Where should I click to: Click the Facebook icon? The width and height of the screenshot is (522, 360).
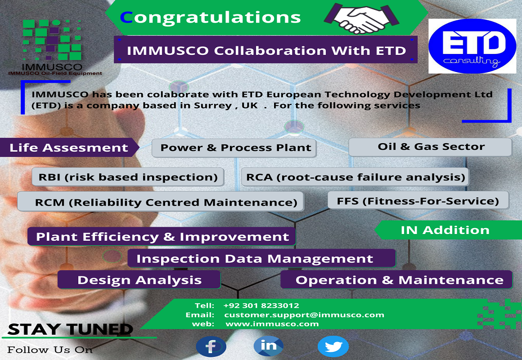(211, 346)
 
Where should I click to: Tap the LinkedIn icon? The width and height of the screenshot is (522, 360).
(269, 346)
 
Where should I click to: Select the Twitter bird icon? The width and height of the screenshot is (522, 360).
(333, 346)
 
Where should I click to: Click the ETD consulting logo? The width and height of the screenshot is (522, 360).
(472, 46)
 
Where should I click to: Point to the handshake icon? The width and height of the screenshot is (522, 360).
(361, 18)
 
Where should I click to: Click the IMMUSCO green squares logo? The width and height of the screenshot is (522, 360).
(52, 40)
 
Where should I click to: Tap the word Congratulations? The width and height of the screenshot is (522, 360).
(211, 17)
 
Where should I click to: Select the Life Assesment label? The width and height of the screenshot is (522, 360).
(69, 148)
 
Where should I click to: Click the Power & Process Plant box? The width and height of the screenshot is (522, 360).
(234, 148)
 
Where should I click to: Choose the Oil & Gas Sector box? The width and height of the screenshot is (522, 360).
(430, 147)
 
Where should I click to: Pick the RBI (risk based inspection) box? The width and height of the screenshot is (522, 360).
(128, 177)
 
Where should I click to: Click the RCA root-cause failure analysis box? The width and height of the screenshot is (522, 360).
(355, 177)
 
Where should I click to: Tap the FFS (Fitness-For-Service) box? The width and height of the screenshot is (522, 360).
(418, 201)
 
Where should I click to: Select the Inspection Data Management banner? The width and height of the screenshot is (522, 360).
(261, 258)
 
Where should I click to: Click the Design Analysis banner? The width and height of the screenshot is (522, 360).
(139, 280)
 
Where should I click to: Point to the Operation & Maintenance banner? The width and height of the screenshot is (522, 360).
(397, 280)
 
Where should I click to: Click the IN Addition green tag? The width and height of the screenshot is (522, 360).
(448, 230)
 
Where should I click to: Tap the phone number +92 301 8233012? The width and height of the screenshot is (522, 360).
(261, 306)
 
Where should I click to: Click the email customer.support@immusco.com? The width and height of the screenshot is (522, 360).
(304, 315)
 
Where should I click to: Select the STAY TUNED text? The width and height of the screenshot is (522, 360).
(70, 329)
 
